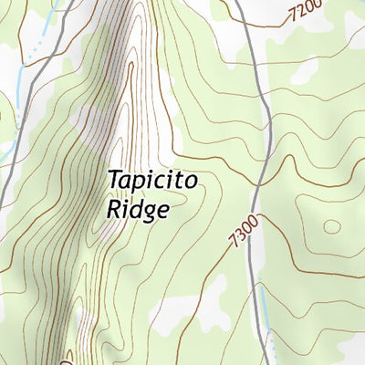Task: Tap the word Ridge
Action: [138, 209]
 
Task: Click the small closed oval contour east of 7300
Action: [332, 225]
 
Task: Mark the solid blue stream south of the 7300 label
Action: [265, 306]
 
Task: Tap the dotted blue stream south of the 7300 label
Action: [271, 347]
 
